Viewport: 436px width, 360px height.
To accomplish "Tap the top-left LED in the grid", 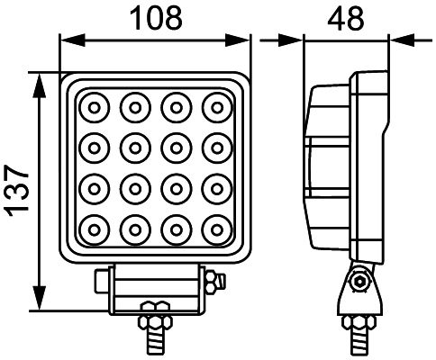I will pos(94,108).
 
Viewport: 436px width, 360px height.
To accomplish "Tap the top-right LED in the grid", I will pos(214,108).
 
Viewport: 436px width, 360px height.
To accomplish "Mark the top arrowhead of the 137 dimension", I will pos(39,81).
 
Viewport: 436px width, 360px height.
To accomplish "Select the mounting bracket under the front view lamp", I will pos(153,292).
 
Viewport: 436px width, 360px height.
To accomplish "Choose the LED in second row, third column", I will pos(174,148).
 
